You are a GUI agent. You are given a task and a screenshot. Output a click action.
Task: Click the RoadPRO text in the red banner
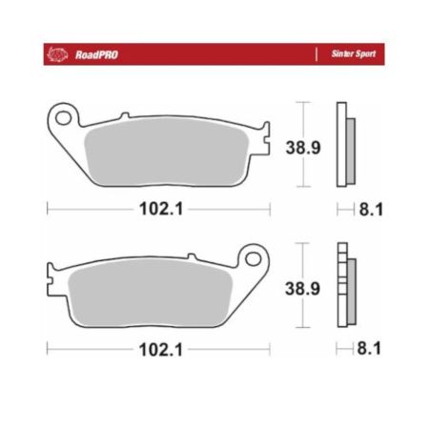pos(96,55)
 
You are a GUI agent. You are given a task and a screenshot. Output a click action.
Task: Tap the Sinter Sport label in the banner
pos(354,54)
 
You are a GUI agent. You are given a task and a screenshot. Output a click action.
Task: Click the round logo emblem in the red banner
pos(57,54)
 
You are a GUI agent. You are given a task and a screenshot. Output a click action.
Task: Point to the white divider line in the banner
pos(317,54)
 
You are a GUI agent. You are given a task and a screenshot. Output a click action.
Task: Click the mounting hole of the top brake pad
pos(63,118)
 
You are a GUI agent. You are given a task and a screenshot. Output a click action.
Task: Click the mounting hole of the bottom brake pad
pos(254,259)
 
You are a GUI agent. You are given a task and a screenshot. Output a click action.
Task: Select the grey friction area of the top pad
pos(166,152)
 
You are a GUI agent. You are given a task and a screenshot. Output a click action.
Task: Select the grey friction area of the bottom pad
pos(151,293)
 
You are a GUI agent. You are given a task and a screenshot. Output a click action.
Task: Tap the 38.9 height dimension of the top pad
pos(303,148)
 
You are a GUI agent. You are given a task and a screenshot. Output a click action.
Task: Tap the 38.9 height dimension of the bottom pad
pos(302,289)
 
